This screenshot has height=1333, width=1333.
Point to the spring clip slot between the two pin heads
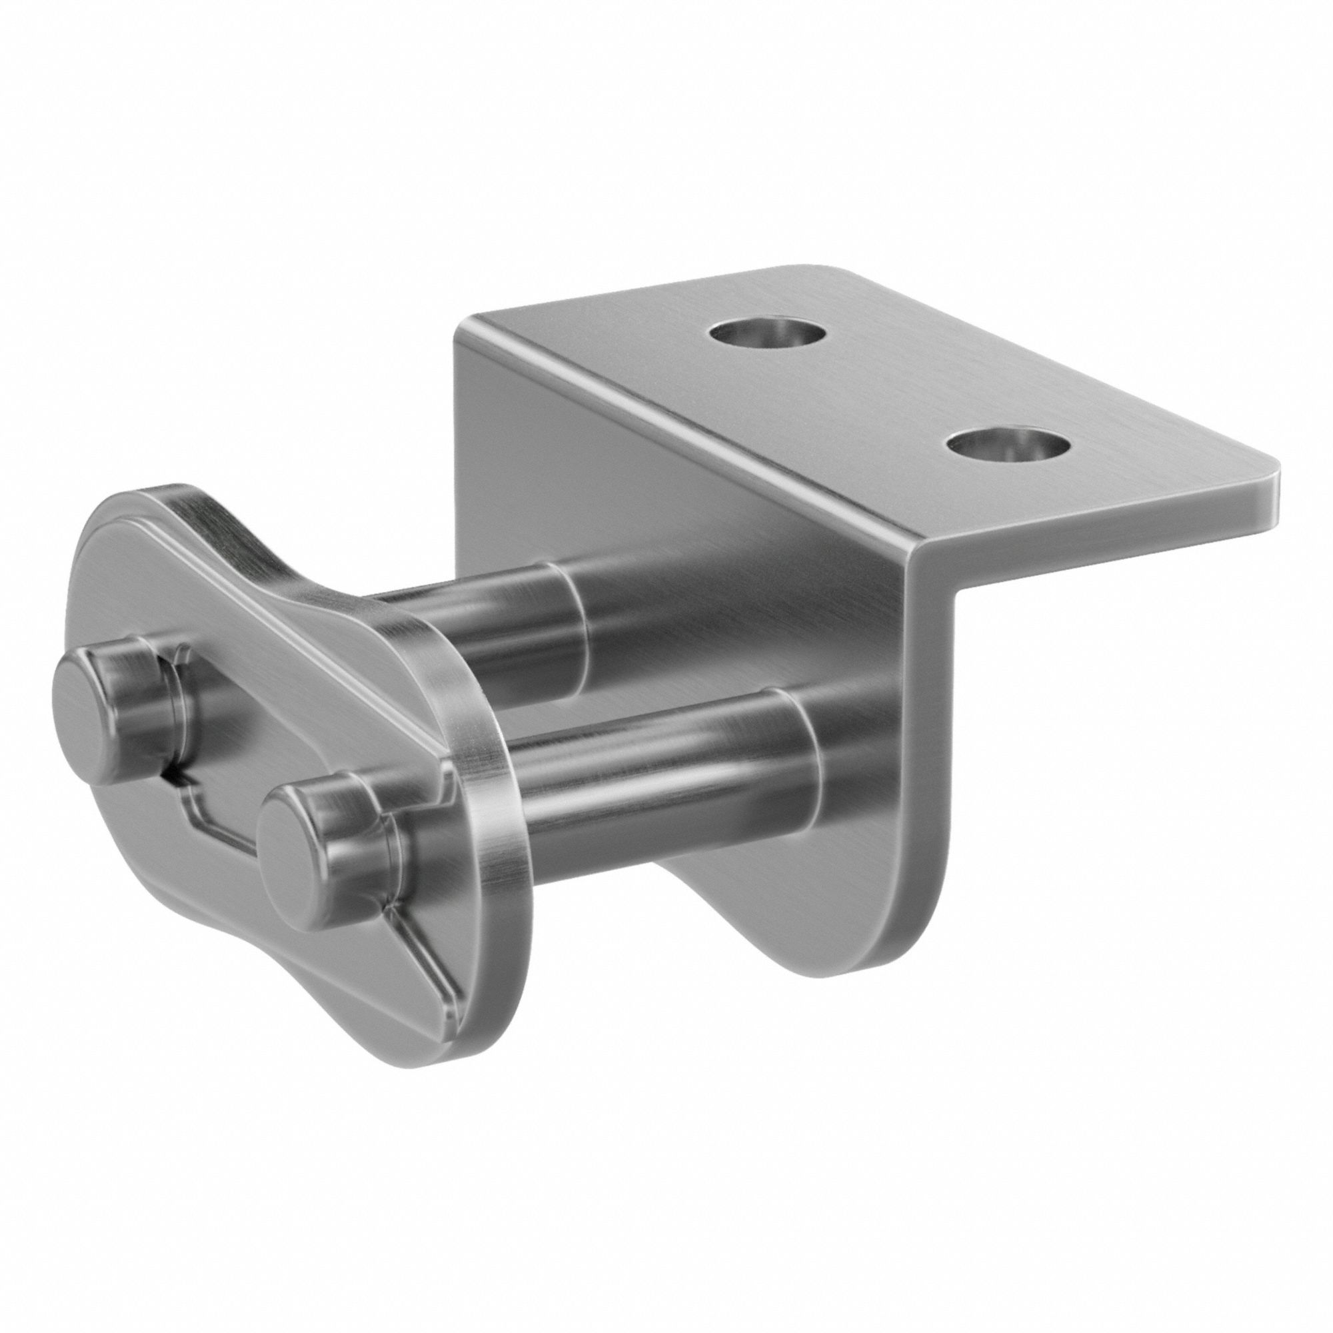coord(228,759)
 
